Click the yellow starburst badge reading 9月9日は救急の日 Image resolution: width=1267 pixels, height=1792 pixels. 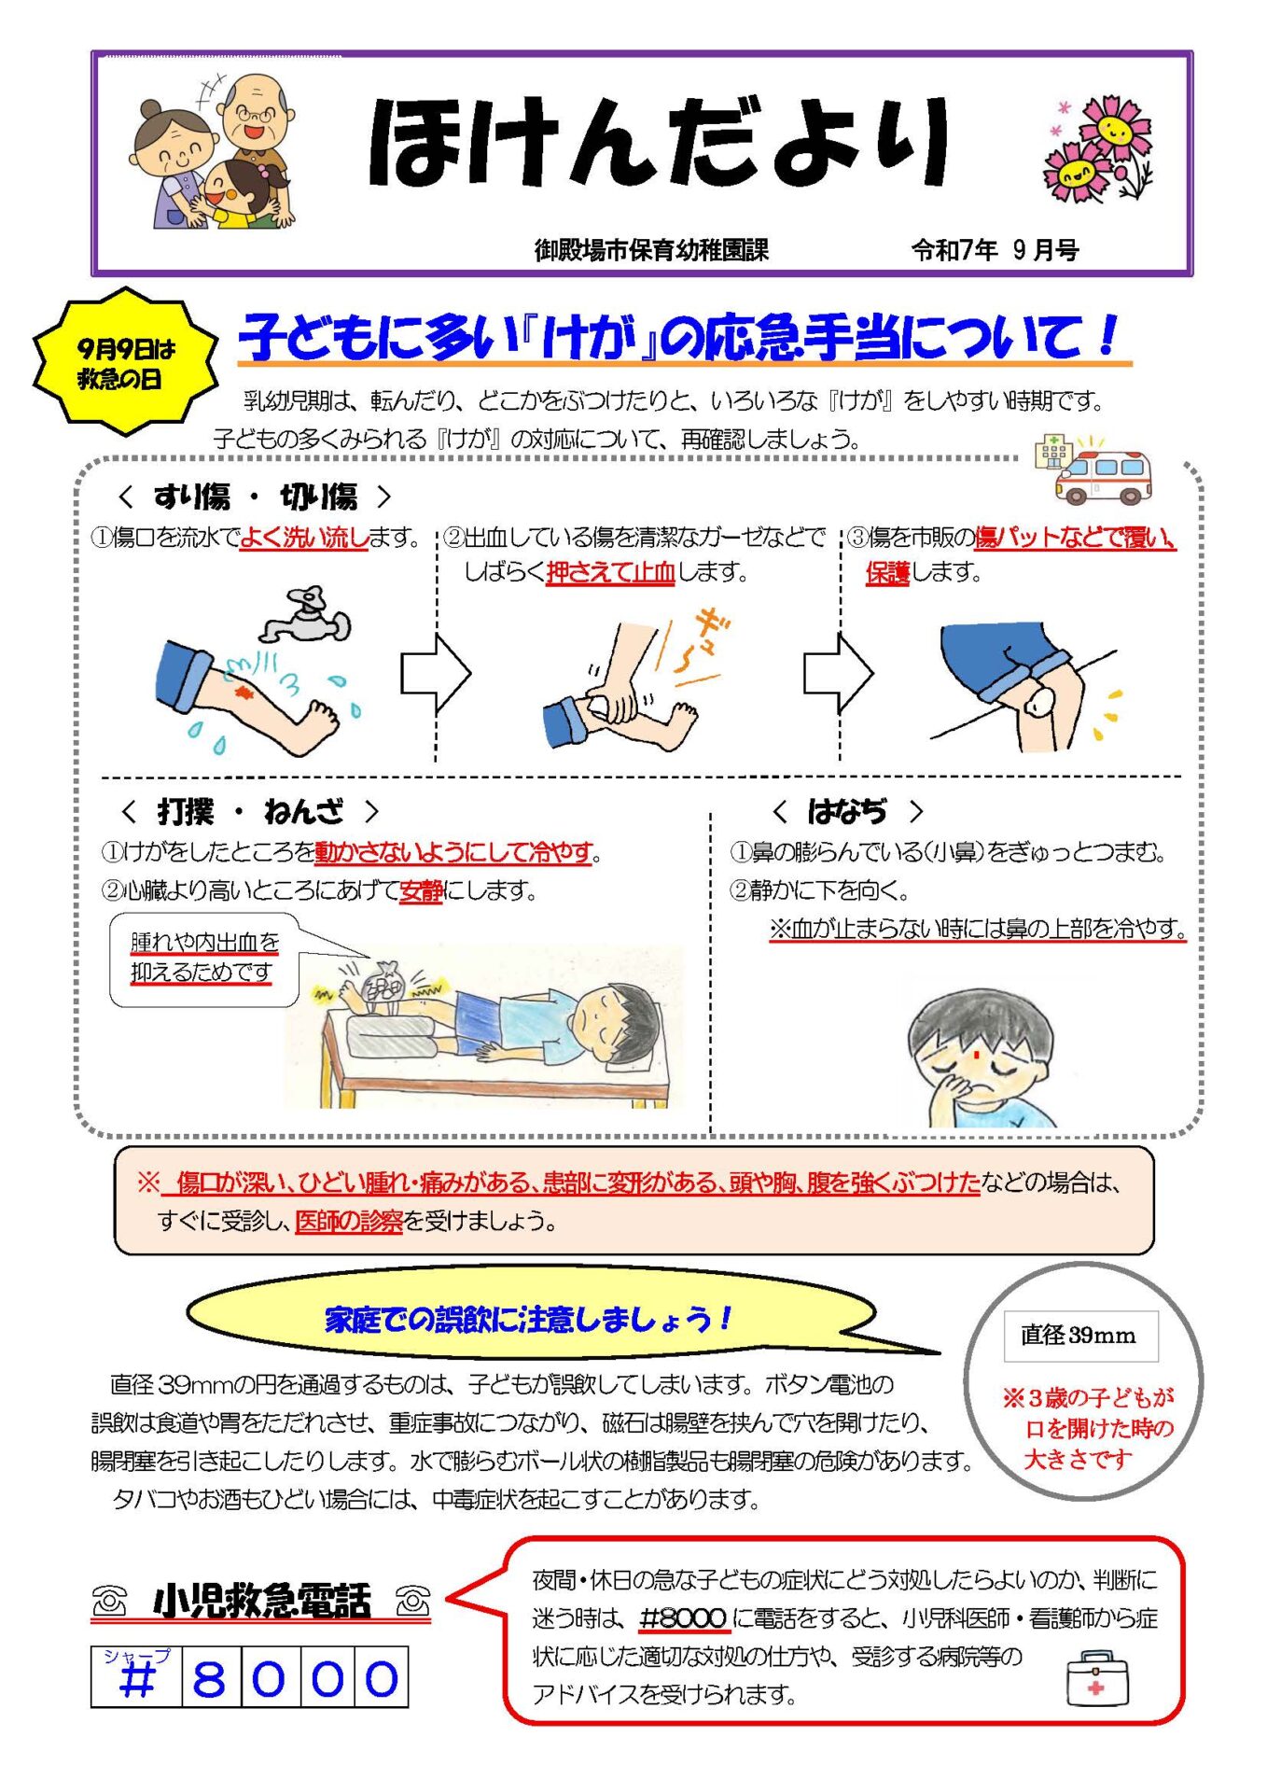126,362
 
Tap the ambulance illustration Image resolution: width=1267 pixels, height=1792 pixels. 1103,476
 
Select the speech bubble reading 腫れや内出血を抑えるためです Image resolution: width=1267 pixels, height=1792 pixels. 204,959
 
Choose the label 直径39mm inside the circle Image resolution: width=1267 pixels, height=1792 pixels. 1079,1336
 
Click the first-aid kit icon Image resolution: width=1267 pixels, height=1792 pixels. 1097,1678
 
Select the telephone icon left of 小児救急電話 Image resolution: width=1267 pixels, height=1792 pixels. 110,1602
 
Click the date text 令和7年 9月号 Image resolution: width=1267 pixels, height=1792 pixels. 995,250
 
